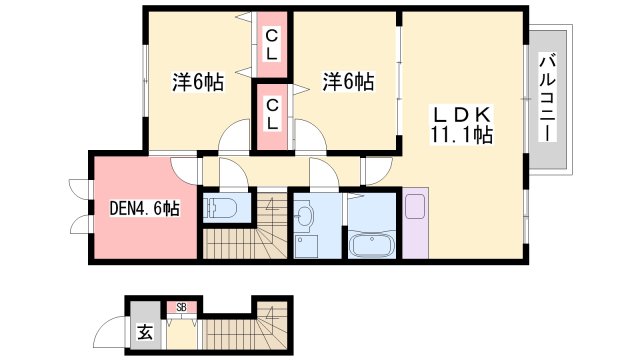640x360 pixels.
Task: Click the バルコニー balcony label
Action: point(547,98)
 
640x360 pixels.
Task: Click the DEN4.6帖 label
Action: point(144,209)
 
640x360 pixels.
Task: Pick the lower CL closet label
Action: point(272,117)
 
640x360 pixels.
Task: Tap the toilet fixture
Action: point(219,209)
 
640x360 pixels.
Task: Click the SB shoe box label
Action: point(182,306)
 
